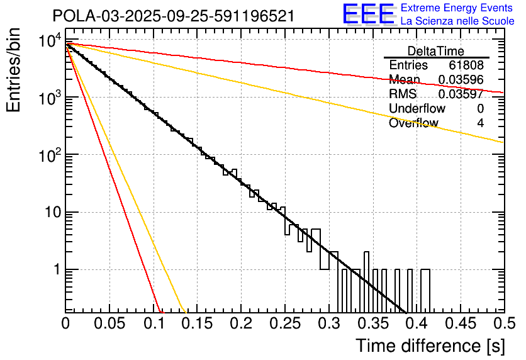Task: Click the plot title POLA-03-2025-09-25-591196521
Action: click(x=173, y=16)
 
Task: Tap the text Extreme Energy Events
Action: click(x=457, y=8)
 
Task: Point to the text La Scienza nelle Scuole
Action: click(x=457, y=21)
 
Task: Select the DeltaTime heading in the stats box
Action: click(x=436, y=51)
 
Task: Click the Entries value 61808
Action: click(x=466, y=65)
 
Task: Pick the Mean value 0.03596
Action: click(x=461, y=80)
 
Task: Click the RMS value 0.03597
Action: click(x=461, y=94)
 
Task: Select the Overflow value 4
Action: click(x=480, y=123)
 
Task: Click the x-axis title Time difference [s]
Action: click(x=430, y=346)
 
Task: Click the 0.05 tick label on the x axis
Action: click(x=109, y=323)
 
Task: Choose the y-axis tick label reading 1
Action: click(x=55, y=269)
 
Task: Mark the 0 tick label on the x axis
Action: click(x=66, y=323)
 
